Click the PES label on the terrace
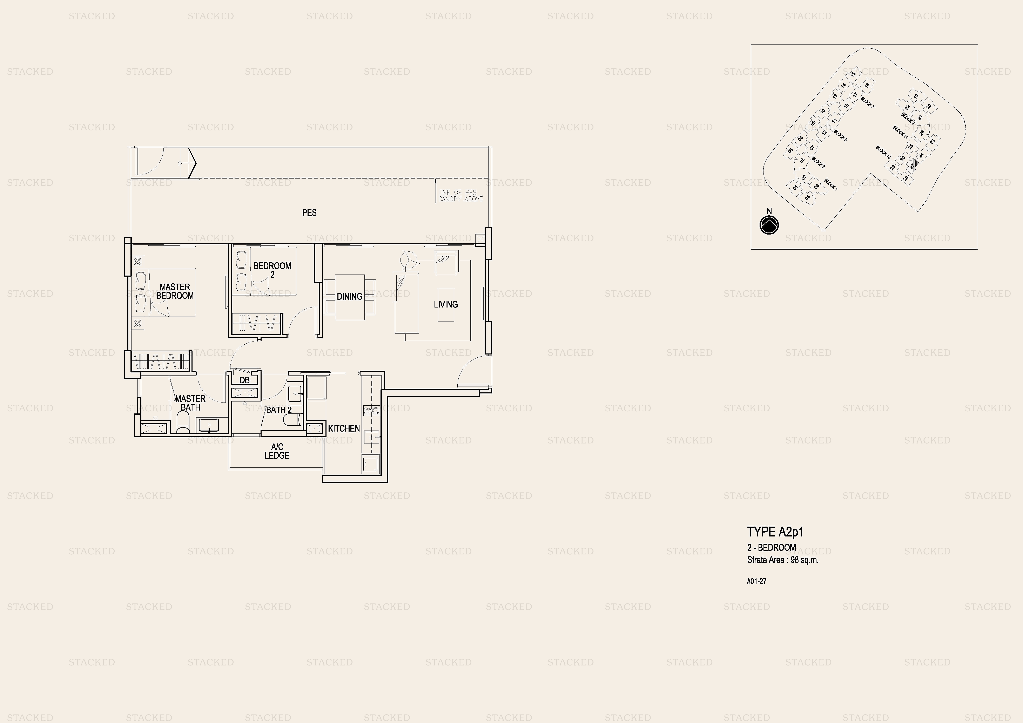click(x=309, y=213)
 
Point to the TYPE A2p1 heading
click(x=775, y=532)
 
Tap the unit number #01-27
click(x=756, y=581)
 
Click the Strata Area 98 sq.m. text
click(x=783, y=560)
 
